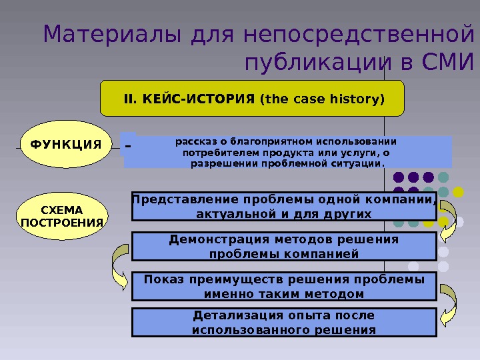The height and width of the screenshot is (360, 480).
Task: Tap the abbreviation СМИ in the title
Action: click(x=441, y=63)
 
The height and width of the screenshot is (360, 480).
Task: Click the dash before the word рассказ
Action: click(x=128, y=145)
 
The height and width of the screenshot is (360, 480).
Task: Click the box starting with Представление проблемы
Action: click(x=284, y=207)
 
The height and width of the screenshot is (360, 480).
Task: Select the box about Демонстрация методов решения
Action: click(x=284, y=246)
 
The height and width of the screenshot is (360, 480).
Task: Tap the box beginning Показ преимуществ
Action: click(x=284, y=286)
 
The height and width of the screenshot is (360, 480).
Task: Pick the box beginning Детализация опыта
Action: click(x=284, y=322)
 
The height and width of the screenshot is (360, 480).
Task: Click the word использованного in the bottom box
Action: click(x=253, y=329)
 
